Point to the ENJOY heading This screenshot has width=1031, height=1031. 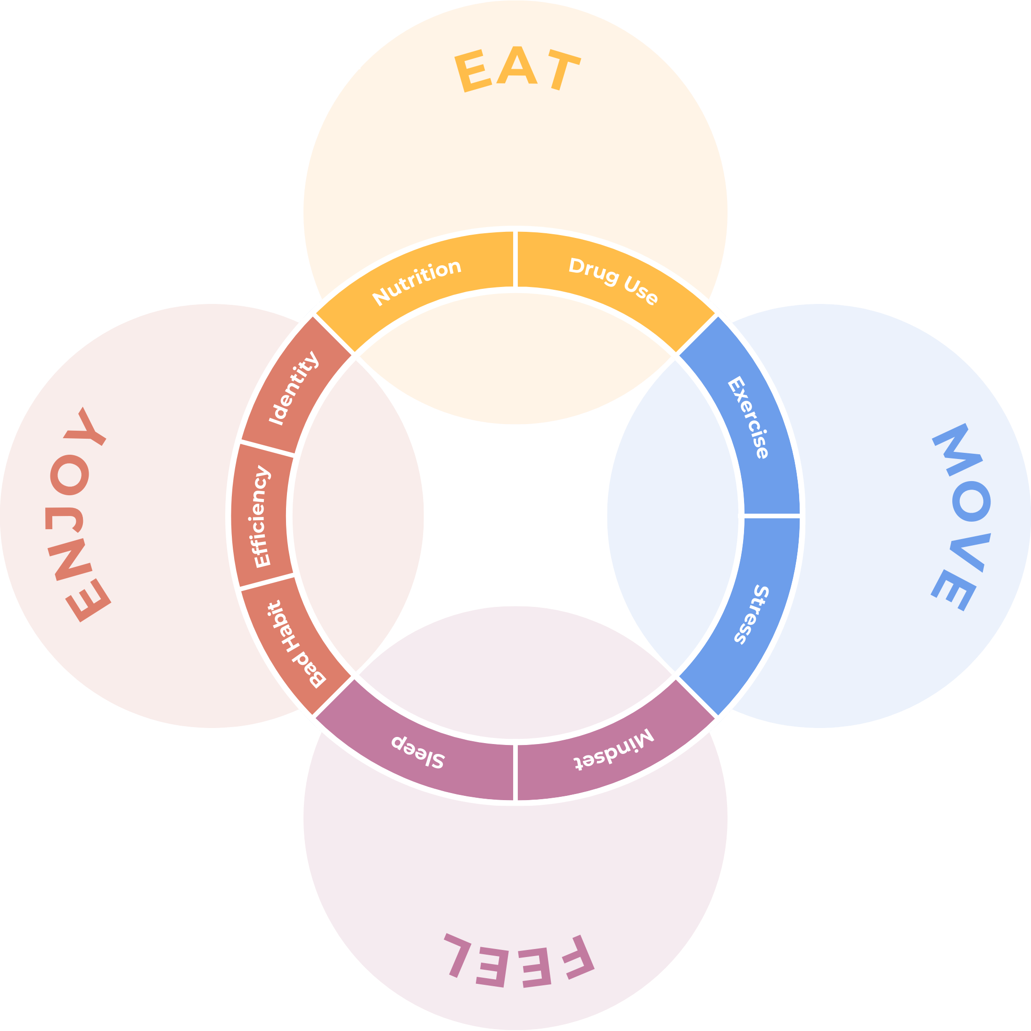pos(80,515)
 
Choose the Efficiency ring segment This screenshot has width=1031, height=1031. pos(261,515)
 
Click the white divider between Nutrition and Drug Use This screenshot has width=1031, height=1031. pos(515,260)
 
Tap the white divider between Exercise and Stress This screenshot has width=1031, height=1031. pos(772,516)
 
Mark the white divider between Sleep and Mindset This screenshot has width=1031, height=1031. pos(515,772)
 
